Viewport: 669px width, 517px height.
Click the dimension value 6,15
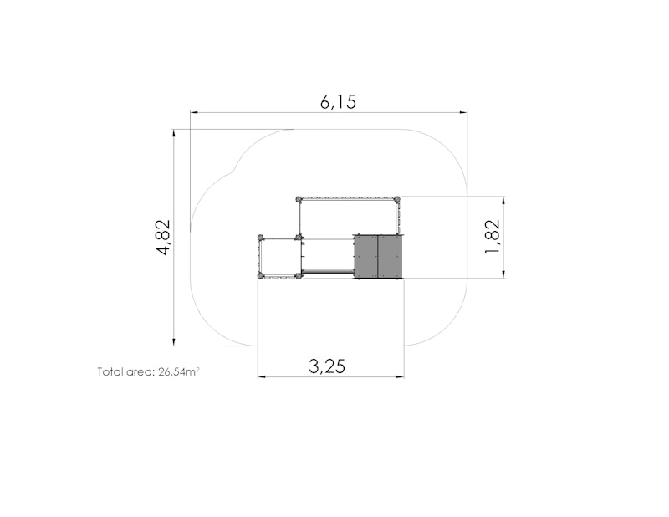pos(338,102)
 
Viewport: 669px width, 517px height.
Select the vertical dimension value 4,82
pos(163,238)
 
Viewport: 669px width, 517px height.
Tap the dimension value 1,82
pos(492,236)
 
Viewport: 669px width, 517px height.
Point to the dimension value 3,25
pos(327,366)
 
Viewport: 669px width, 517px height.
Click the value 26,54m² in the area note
pos(179,371)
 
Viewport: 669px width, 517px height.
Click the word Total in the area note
pos(110,371)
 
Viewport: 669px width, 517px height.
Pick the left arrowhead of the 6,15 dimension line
pos(194,112)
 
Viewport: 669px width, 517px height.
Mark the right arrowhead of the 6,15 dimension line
pos(463,112)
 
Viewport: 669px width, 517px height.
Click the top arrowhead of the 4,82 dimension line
pos(174,133)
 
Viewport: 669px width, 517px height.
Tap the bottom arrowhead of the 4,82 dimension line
pos(174,341)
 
